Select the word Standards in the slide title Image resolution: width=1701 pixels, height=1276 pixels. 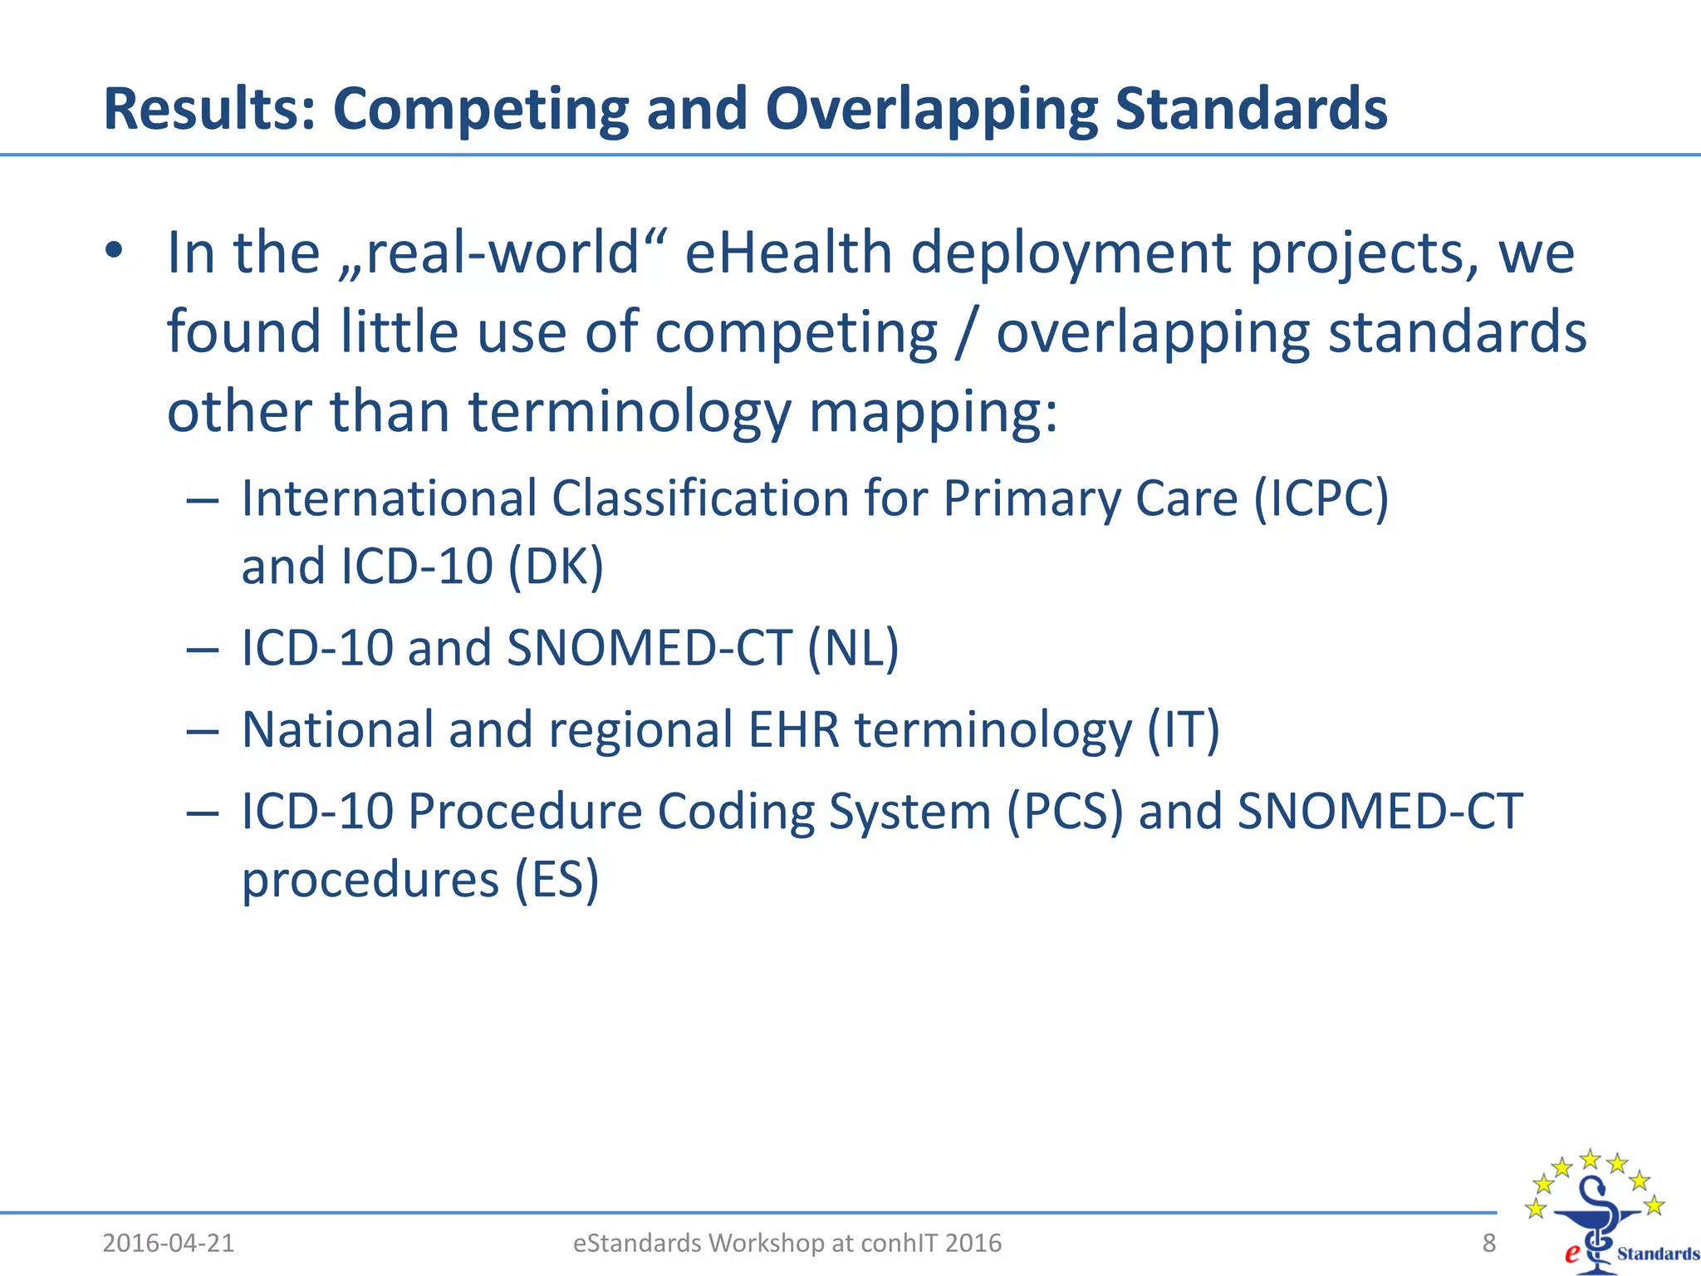coord(1251,109)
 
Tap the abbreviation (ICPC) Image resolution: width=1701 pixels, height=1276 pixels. coord(1321,498)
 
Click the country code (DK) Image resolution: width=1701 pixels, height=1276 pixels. coord(555,567)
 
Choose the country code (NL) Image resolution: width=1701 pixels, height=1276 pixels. coord(853,648)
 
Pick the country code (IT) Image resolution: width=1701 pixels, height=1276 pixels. coord(1183,729)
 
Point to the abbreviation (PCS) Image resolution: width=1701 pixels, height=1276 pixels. coord(1064,811)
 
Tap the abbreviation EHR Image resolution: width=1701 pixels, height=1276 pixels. coord(793,729)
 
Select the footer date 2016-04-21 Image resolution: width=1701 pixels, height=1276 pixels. coord(169,1243)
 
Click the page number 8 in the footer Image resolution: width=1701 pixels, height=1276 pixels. coord(1488,1243)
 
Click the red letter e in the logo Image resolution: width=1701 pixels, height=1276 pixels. coord(1571,1254)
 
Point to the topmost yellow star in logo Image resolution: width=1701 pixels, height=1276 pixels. coord(1590,1158)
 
